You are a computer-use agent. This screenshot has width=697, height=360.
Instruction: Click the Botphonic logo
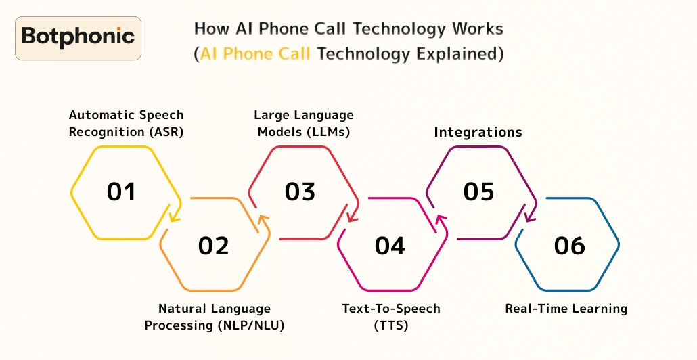point(78,37)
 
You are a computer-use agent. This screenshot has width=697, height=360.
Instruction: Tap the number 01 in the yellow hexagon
point(122,192)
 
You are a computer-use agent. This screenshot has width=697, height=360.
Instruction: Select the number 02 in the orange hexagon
point(214,246)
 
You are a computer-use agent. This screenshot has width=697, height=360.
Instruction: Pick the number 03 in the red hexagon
point(300,192)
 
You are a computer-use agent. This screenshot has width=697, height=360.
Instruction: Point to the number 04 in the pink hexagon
point(390,246)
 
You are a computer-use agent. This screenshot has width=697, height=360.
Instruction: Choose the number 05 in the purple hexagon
point(479,192)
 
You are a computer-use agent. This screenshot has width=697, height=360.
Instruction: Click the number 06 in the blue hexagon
point(569,246)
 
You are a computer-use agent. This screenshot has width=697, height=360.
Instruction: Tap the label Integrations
point(478,132)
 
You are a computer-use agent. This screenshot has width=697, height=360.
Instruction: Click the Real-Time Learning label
point(566,309)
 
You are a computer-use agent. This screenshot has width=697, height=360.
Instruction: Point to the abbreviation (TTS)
point(391,325)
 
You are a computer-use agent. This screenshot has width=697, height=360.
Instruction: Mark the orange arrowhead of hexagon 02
point(263,221)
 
